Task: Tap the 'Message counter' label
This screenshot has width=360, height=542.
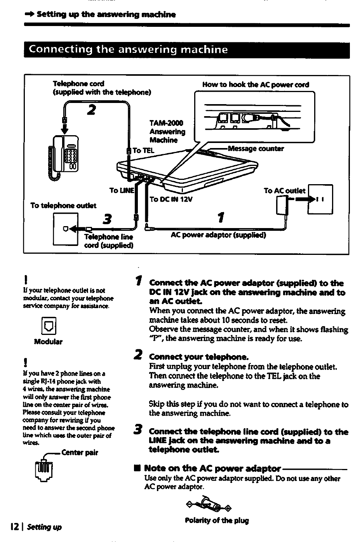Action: click(x=256, y=149)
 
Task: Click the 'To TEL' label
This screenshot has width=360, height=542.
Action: click(x=143, y=150)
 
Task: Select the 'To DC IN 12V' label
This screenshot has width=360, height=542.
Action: click(x=171, y=199)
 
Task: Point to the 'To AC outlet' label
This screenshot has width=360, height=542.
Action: click(x=285, y=191)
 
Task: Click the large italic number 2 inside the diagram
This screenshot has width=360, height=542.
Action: click(x=92, y=110)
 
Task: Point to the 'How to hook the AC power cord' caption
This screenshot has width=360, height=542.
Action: click(x=256, y=85)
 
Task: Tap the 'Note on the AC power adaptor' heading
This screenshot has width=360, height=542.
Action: click(x=212, y=468)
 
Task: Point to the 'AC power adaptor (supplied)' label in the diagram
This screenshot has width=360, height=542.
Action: click(x=218, y=235)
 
